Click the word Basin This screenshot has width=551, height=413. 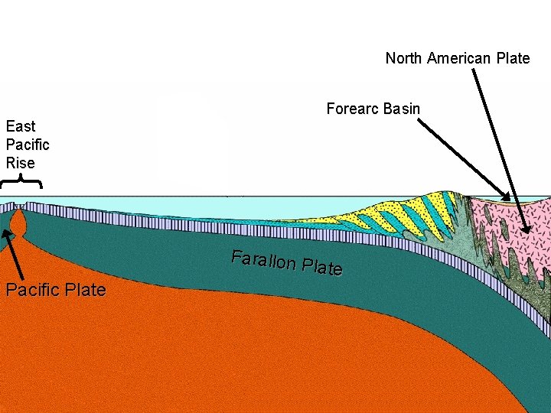click(x=402, y=109)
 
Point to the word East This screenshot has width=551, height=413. click(x=21, y=126)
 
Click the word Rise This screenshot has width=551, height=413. click(x=21, y=163)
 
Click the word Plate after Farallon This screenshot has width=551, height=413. click(x=322, y=267)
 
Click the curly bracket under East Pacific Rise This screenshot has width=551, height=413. click(x=21, y=181)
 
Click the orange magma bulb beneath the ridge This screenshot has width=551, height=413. click(x=18, y=224)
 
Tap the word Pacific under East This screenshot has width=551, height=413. click(x=28, y=145)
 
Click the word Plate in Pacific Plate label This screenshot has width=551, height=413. click(x=86, y=290)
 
